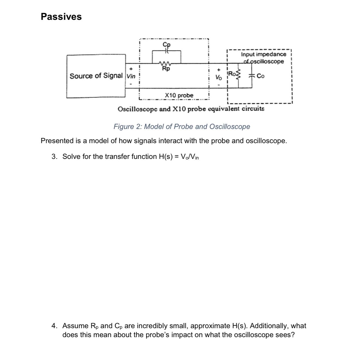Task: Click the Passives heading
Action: [61, 17]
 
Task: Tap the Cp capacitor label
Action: [167, 44]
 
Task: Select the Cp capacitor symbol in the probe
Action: [167, 50]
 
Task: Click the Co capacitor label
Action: [260, 76]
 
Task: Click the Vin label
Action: [131, 76]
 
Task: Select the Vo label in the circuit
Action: [219, 78]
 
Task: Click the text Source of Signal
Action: [96, 76]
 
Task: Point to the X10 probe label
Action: [179, 96]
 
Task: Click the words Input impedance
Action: [263, 54]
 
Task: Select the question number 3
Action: [54, 156]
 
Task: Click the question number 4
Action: [54, 326]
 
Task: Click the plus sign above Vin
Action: [131, 68]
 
